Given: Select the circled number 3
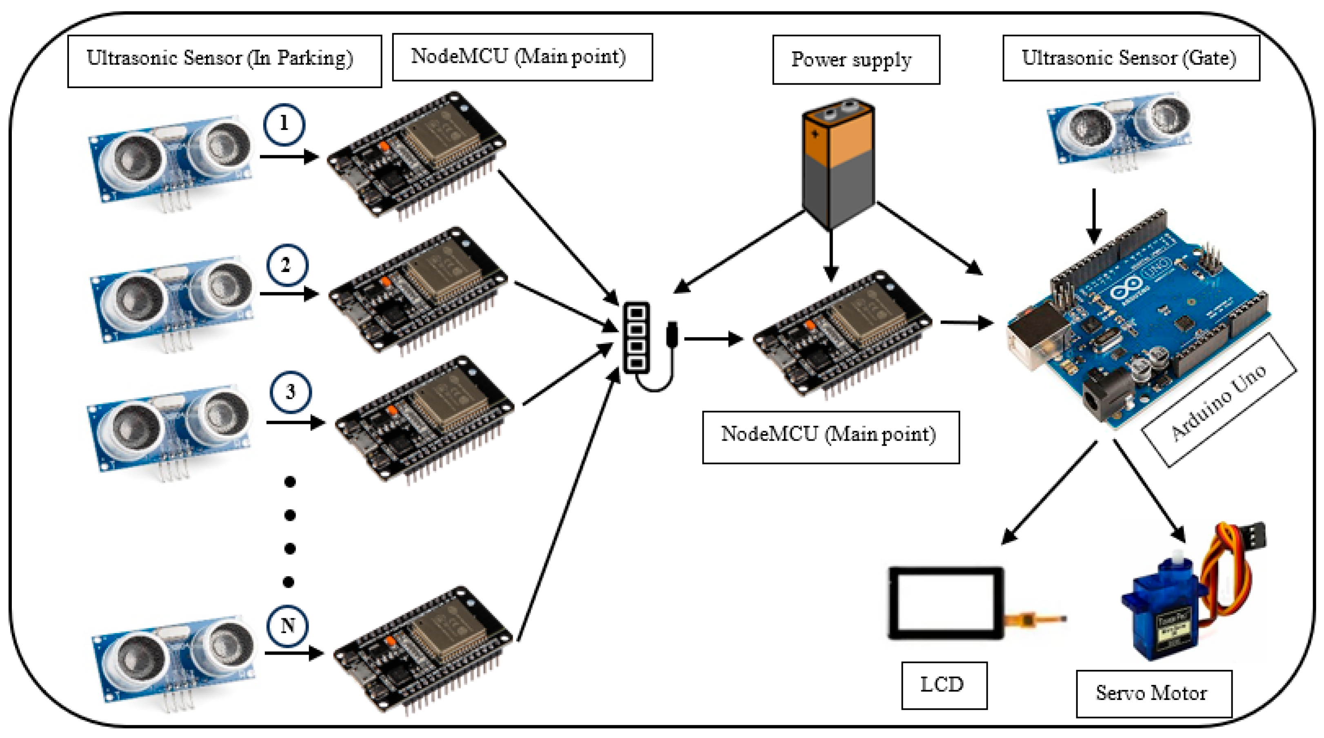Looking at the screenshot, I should click(x=291, y=392).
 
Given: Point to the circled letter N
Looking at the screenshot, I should click(x=287, y=626).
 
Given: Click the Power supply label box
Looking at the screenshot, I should click(x=856, y=60).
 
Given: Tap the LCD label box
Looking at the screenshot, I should click(x=944, y=685).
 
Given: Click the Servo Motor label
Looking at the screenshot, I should click(x=1153, y=693).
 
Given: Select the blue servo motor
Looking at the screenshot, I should click(x=1167, y=612).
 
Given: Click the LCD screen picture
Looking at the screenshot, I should click(x=946, y=603).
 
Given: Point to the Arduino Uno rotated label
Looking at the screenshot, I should click(x=1218, y=401).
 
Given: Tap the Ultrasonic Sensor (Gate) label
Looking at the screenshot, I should click(x=1131, y=58).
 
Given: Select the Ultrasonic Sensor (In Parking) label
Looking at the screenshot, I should click(x=224, y=61).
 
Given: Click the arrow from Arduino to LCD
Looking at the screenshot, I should click(x=1049, y=494).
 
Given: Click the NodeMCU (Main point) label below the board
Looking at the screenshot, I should click(x=831, y=437).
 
